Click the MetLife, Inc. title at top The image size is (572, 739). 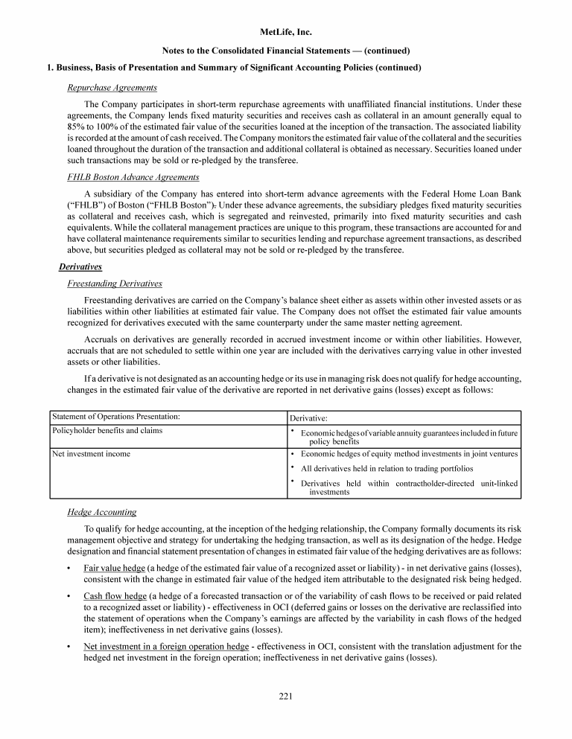286,33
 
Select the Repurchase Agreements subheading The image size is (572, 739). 112,88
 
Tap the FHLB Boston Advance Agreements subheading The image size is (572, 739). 133,177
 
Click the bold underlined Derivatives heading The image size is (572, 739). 80,266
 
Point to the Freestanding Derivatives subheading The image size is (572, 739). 115,284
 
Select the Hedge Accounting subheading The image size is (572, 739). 102,512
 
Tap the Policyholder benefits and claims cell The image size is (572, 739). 107,430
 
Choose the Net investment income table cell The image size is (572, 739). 91,453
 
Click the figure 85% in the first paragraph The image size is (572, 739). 77,116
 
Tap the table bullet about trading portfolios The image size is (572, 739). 387,469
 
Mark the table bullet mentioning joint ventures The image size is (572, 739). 410,453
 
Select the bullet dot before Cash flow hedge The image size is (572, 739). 69,596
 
